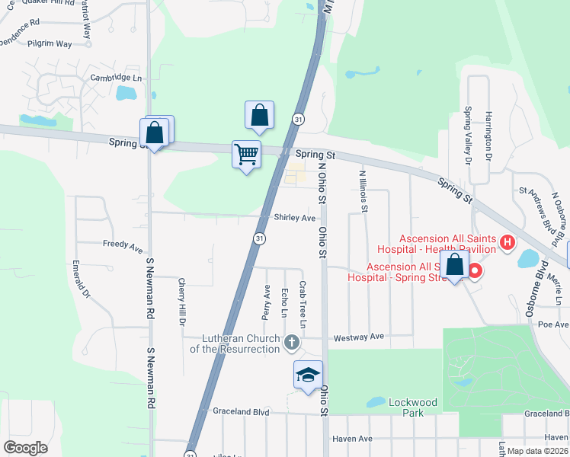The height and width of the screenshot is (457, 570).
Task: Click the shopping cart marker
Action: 246,155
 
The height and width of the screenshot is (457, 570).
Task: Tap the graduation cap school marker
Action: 308,376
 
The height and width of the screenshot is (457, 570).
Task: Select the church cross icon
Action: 291,344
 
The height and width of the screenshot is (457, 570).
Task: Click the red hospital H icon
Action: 508,244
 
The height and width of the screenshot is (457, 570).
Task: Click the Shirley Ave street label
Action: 295,218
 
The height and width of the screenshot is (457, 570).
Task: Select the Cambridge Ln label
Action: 116,78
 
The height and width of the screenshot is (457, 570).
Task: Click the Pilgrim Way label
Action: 49,44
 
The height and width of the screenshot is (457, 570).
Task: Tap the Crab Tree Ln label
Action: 303,305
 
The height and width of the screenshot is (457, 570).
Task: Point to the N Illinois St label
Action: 363,190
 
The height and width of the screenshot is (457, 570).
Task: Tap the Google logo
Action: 25,448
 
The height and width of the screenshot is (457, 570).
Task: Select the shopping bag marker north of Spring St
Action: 259,116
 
